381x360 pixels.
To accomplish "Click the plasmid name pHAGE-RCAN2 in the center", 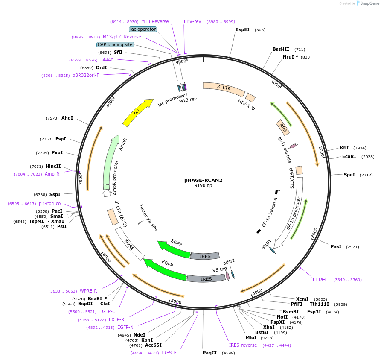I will (x=203, y=180).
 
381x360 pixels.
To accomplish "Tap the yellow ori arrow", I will (x=137, y=112).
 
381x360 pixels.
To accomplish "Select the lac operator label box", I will (x=143, y=29).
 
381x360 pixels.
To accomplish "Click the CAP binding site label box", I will (x=115, y=44).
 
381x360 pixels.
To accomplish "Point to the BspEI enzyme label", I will (x=242, y=30).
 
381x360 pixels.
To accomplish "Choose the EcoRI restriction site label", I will (x=349, y=157).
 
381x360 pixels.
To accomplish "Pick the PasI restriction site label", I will (x=336, y=246).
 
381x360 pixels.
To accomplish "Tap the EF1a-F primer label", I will (x=320, y=279).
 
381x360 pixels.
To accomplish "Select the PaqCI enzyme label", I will (x=210, y=353).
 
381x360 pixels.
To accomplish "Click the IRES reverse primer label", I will (x=243, y=345).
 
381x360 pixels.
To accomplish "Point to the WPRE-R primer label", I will (x=88, y=291).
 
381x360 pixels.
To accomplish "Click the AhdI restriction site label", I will (x=67, y=118).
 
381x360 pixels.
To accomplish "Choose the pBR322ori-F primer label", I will (x=86, y=76).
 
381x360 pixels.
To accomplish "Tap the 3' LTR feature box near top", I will (x=224, y=88).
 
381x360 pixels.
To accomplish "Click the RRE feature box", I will (x=283, y=127).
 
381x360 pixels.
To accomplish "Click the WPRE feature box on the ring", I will (x=130, y=243).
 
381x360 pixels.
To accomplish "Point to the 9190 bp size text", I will (x=203, y=186).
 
